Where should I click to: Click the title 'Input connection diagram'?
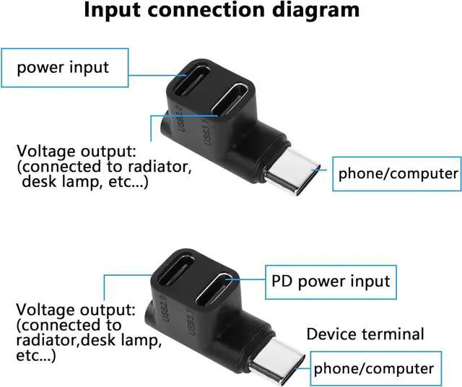click(x=222, y=10)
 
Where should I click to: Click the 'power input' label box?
click(x=65, y=68)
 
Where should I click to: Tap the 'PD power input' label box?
click(x=331, y=282)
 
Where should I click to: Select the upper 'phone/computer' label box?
click(x=397, y=174)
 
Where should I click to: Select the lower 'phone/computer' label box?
click(x=375, y=368)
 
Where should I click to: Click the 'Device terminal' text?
click(x=365, y=334)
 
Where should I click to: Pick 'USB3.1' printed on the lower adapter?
click(x=191, y=322)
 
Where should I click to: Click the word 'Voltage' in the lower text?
click(x=43, y=310)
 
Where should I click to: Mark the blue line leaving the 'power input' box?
click(x=158, y=75)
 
